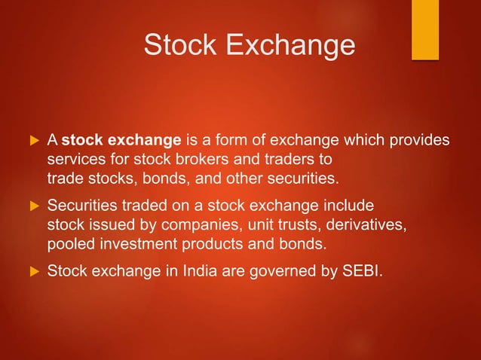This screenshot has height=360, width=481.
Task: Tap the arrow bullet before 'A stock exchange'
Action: (x=32, y=142)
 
